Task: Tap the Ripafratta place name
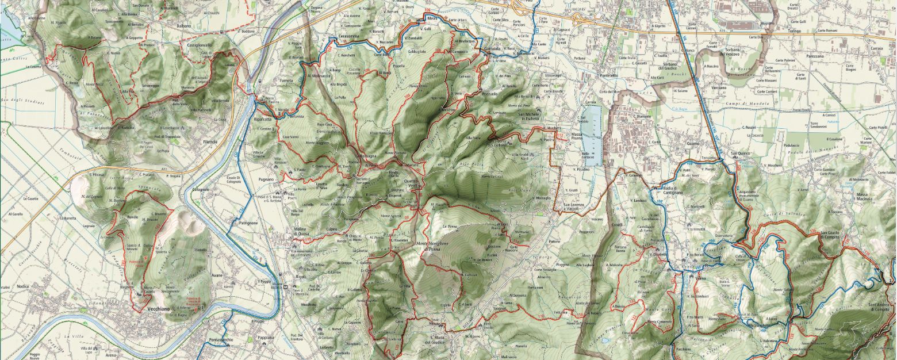click(x=262, y=119)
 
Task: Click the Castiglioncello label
click(x=198, y=44)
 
